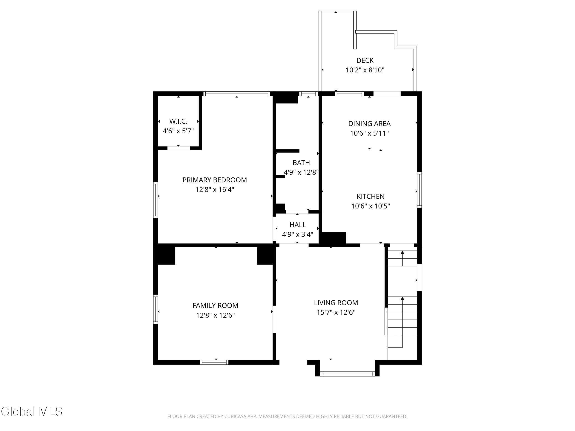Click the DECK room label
(x=365, y=60)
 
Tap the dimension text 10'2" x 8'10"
(x=365, y=70)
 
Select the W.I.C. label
(x=178, y=121)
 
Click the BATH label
(x=301, y=163)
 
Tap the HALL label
(x=297, y=225)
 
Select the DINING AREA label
(x=369, y=124)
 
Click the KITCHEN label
(x=371, y=196)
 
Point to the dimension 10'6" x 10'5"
(x=371, y=206)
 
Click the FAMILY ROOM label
(x=215, y=305)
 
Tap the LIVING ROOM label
(x=336, y=303)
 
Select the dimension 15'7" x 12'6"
(x=336, y=312)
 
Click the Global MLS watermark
(x=32, y=411)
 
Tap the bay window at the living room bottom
(x=347, y=374)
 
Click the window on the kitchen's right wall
(x=419, y=190)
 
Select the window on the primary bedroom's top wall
(x=236, y=94)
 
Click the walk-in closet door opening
(x=178, y=148)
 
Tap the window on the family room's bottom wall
(x=214, y=362)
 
